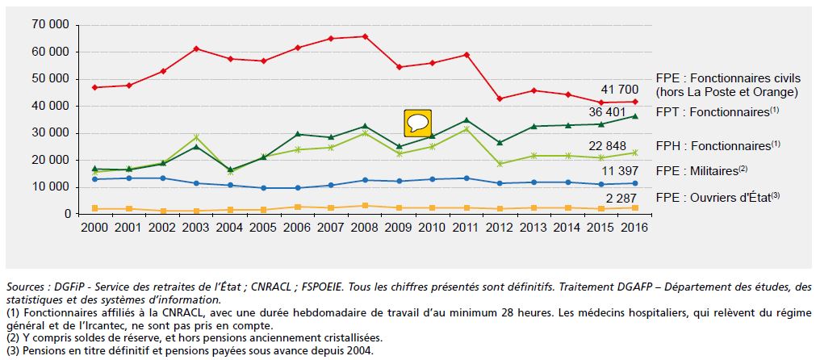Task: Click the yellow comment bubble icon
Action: point(417,123)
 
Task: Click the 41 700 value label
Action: point(621,89)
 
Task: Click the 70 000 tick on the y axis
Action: point(50,25)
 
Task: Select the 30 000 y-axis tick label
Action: point(50,133)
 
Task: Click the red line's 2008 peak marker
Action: point(365,36)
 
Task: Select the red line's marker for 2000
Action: point(94,87)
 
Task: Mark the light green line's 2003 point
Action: point(195,137)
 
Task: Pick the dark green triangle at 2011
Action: point(466,119)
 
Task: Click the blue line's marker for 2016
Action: point(634,183)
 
